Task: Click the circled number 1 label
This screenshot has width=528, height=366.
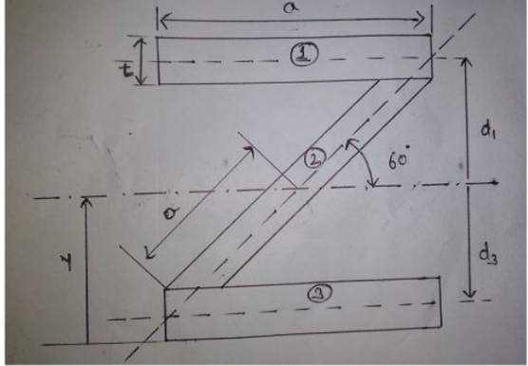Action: tap(304, 55)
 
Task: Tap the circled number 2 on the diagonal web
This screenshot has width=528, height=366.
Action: tap(315, 158)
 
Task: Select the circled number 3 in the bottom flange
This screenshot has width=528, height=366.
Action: tap(320, 293)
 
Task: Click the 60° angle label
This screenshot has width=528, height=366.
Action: tap(399, 158)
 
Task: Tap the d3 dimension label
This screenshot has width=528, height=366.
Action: tap(488, 256)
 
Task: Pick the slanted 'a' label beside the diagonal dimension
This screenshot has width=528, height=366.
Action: tap(170, 213)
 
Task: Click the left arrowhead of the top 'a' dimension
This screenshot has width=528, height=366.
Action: tap(163, 20)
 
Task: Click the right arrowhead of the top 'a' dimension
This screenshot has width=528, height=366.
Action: tap(421, 19)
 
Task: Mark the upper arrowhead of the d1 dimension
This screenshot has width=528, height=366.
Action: tap(466, 64)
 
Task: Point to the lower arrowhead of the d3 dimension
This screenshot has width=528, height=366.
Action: tap(469, 293)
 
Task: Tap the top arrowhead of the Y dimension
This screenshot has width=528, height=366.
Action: tap(86, 202)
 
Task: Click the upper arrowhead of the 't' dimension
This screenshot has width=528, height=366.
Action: tap(141, 43)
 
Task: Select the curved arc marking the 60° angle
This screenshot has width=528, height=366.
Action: tap(363, 161)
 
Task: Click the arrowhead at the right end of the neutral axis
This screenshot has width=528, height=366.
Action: tap(495, 182)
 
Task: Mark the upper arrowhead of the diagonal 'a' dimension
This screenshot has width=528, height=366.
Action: tap(249, 152)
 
